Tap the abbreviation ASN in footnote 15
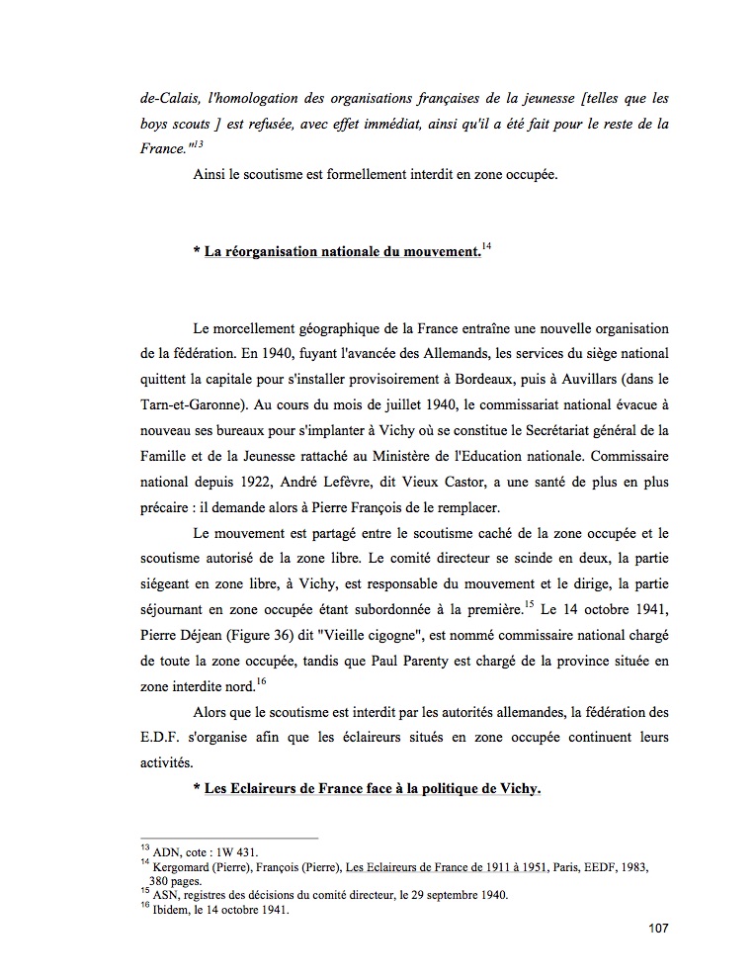(161, 895)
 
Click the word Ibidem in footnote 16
(170, 911)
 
